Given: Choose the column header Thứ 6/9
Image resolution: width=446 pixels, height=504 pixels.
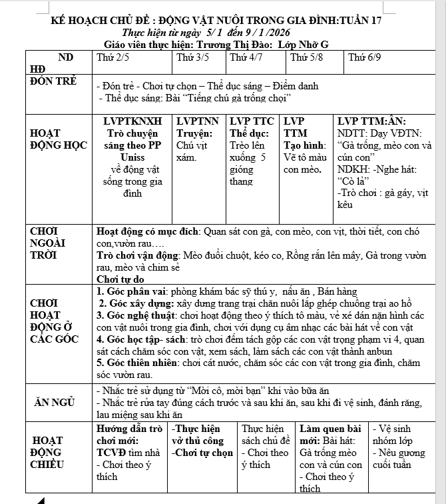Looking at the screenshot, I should click(x=365, y=58).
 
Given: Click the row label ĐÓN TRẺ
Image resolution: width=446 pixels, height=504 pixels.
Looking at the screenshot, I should click(x=54, y=81).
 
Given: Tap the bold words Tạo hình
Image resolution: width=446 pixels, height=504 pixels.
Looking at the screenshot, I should click(x=305, y=145).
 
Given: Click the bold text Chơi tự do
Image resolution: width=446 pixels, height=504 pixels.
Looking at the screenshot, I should click(x=120, y=279).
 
